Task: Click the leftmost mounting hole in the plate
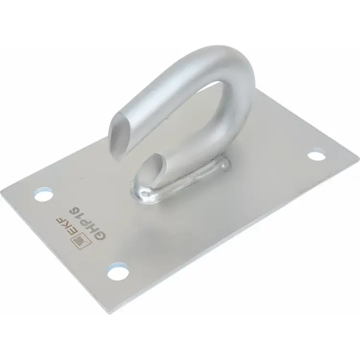coord(43,195)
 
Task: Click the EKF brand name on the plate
coord(66,225)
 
